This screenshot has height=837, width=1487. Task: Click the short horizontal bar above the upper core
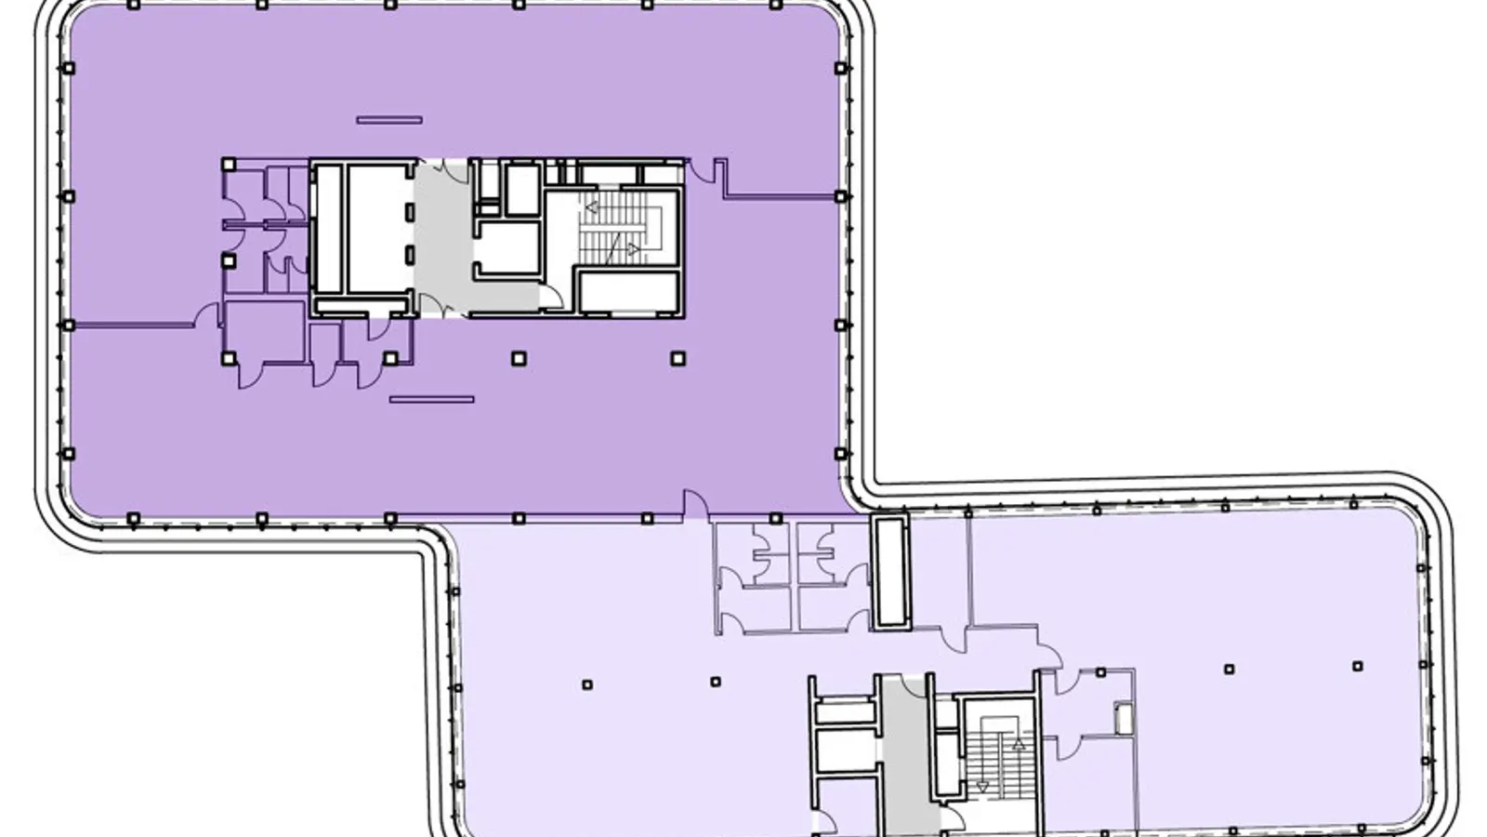389,120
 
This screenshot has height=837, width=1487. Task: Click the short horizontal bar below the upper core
431,400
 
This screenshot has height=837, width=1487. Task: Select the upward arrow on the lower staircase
1019,744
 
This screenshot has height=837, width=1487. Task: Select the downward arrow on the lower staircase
982,786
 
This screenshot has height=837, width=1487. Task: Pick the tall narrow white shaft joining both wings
890,571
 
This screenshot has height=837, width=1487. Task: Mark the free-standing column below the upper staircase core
678,358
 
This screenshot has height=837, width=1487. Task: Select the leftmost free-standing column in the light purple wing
586,685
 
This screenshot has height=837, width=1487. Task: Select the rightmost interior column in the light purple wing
1357,666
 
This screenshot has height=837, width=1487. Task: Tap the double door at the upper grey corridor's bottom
441,306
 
